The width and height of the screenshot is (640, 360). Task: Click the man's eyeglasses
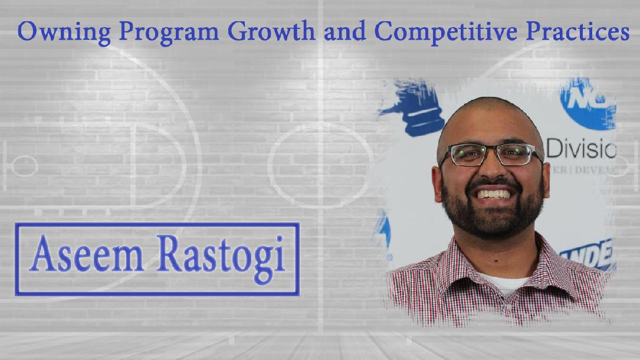tap(490, 155)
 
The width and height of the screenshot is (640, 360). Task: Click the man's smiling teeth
tap(493, 194)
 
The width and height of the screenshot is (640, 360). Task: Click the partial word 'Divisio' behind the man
tap(580, 150)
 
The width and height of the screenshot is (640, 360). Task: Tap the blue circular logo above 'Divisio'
tap(589, 103)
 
